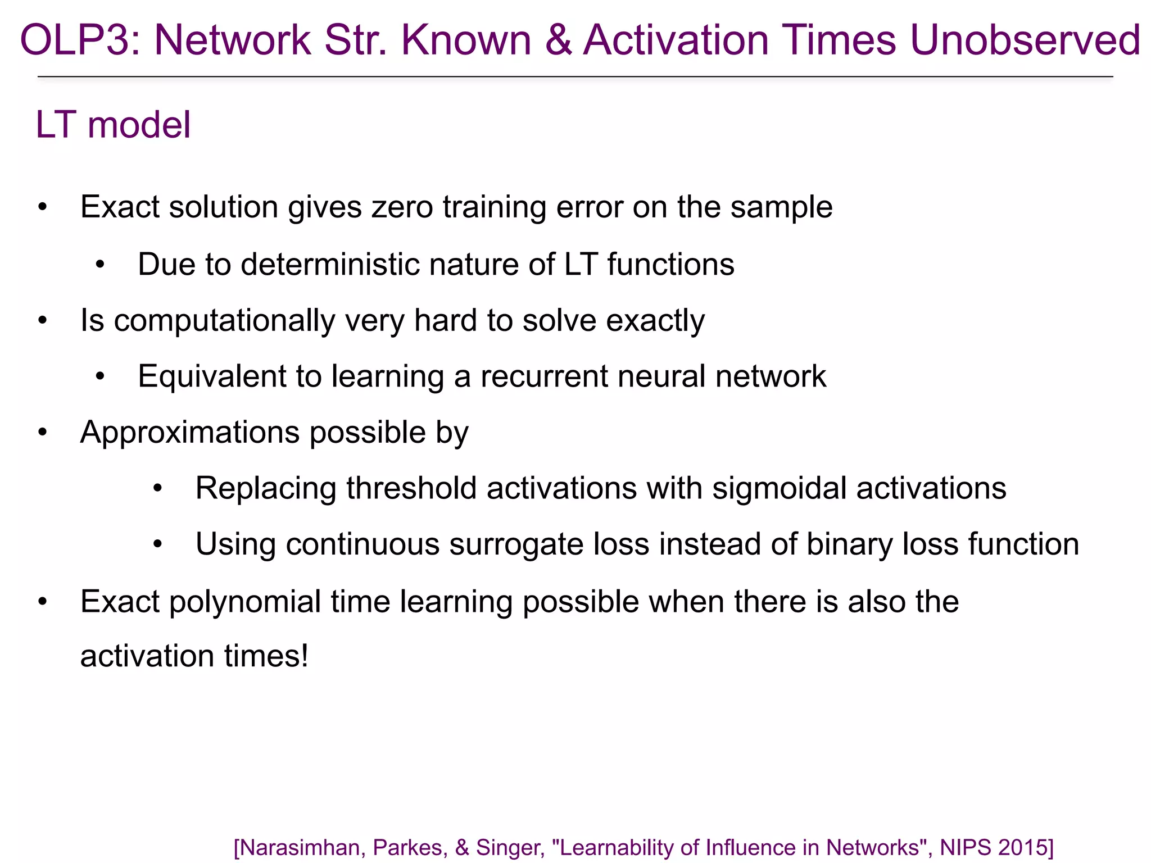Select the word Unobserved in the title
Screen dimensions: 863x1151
[1025, 40]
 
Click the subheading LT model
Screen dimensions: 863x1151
[113, 125]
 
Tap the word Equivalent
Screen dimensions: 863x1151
[212, 376]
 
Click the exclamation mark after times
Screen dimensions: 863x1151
[305, 656]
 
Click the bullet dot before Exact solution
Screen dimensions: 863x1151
[43, 207]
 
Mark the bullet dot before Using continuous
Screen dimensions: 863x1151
[158, 544]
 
